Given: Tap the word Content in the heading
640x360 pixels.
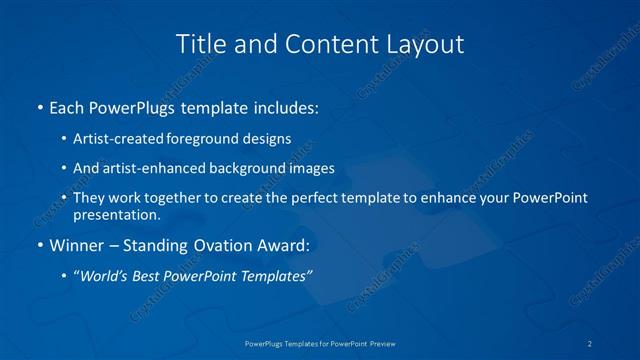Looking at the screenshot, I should pos(320,44).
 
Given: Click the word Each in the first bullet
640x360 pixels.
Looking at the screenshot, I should pos(66,106).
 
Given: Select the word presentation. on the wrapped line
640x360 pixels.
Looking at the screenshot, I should pos(117,214).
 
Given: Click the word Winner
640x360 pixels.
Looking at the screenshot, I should pos(76,246).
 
